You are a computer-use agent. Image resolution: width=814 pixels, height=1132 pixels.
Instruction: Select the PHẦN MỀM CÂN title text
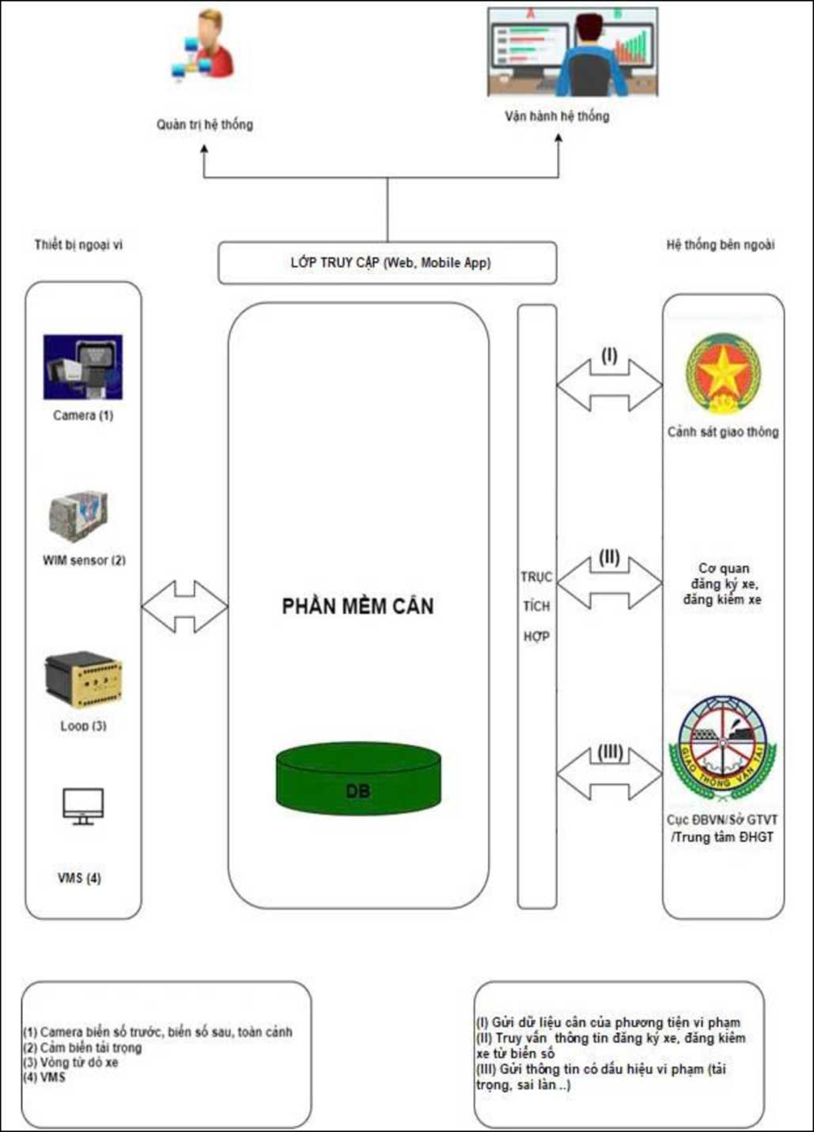[358, 606]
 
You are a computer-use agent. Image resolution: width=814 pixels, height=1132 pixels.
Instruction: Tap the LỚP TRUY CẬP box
[387, 263]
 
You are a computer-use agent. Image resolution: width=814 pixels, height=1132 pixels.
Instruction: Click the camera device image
[83, 367]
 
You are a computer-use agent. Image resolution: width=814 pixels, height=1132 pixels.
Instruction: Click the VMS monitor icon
[83, 807]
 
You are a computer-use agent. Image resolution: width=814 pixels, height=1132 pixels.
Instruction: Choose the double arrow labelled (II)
[609, 582]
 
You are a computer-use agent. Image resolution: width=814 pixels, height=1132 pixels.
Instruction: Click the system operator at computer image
[572, 52]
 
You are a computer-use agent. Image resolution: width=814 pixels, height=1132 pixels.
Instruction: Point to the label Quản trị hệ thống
[205, 124]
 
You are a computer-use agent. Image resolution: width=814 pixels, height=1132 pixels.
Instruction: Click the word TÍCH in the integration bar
[537, 607]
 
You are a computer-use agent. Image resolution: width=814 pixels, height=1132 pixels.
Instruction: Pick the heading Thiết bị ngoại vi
[79, 245]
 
